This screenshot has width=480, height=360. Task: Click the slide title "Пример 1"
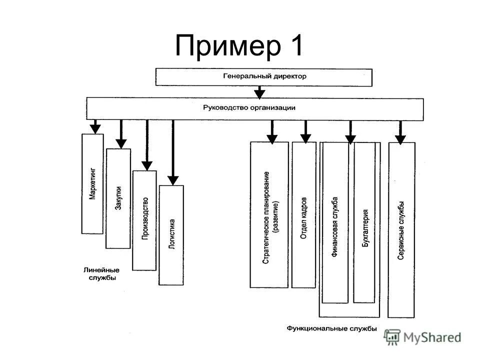[x=239, y=46]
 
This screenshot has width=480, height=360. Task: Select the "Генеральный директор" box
[x=264, y=77]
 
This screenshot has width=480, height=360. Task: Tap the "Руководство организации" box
[x=255, y=108]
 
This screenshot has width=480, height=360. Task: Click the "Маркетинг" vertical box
[x=92, y=183]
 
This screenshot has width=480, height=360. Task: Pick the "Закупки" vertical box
[x=118, y=198]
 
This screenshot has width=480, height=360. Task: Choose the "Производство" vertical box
[x=144, y=220]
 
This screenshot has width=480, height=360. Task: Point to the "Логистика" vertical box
[x=171, y=235]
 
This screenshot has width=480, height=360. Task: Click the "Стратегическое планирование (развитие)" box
[x=269, y=214]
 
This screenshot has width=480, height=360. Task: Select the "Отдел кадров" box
[x=304, y=214]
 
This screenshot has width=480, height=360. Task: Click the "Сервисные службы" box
[x=401, y=229]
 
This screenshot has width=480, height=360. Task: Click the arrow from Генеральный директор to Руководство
[x=259, y=92]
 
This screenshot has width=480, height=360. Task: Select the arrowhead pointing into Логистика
[x=172, y=180]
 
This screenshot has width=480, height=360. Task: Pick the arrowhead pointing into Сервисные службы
[x=400, y=138]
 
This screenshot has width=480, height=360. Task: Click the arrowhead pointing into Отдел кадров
[x=305, y=138]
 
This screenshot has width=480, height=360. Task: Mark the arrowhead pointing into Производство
[x=146, y=165]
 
